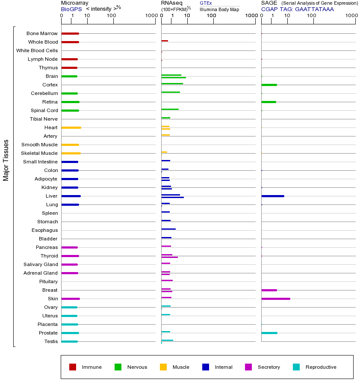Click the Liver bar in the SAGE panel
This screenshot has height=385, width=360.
(272, 196)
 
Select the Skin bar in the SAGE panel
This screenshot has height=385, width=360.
(276, 299)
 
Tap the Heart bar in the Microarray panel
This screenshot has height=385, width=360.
(71, 127)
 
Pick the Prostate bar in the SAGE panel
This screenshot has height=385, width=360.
(269, 333)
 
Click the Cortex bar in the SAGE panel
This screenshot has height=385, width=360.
(269, 85)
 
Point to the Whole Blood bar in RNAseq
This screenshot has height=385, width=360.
(165, 41)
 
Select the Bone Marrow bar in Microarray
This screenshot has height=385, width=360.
(70, 33)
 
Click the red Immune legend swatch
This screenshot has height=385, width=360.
(73, 367)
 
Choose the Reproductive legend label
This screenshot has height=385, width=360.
(321, 367)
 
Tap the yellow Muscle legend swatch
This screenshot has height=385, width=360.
(163, 367)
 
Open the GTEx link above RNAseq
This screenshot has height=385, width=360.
(206, 3)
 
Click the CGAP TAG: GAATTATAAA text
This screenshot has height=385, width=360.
(297, 9)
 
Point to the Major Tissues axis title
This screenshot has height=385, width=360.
(6, 160)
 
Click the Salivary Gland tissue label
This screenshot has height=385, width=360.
(41, 264)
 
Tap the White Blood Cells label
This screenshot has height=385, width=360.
(37, 50)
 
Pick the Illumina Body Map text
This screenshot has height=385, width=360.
(219, 9)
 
